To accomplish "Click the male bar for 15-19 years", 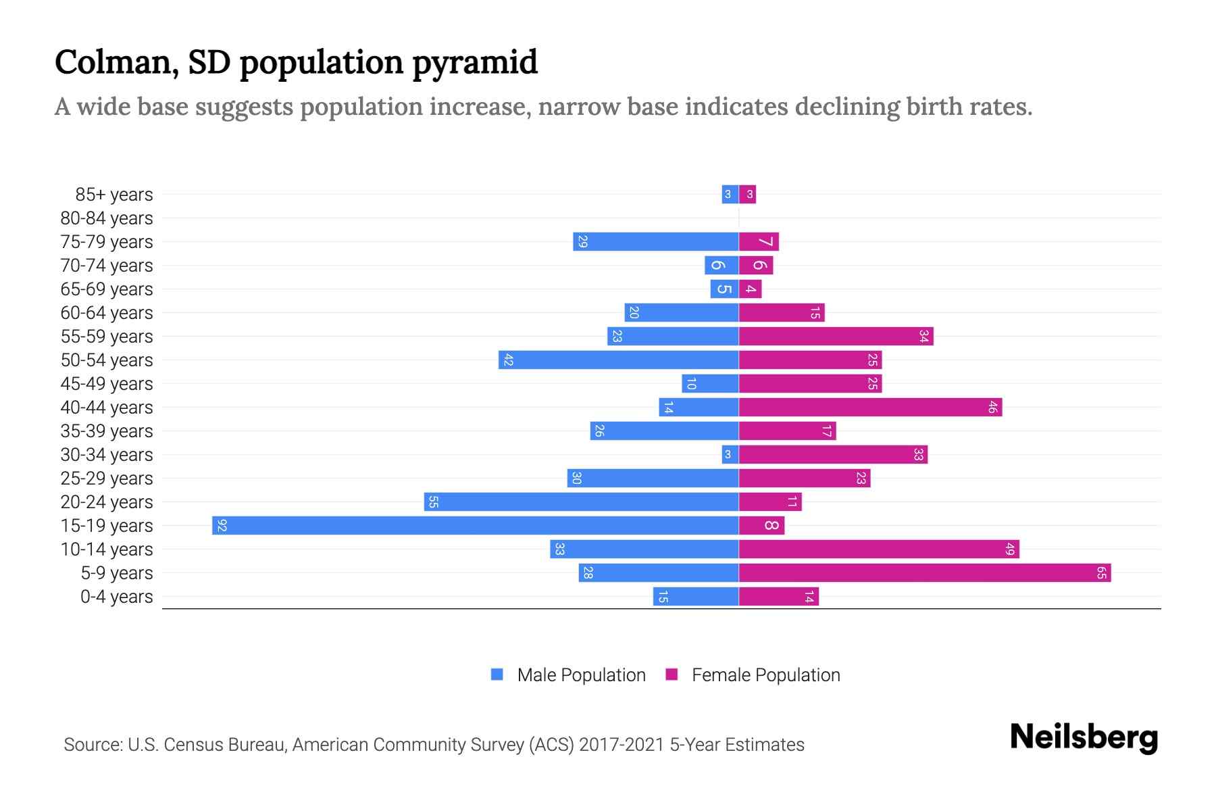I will point(475,525).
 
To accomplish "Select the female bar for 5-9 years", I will point(924,573).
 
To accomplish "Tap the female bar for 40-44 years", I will point(870,408).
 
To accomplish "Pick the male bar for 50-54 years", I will point(618,360).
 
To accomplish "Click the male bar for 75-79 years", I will point(655,242).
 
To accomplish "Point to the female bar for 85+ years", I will point(748,195).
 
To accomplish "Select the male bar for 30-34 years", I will point(730,455).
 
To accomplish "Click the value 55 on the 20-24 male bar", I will point(434,502).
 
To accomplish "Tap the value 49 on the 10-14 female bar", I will point(1010,549).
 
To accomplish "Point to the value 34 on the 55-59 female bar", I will point(923,337).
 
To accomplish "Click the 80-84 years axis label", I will point(107,218).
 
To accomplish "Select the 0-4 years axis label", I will point(116,597).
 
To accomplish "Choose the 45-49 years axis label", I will point(107,384).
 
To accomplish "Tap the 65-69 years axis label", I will point(107,289).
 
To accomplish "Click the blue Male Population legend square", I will point(497,674).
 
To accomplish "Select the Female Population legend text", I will point(765,675).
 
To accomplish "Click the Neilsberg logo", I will point(1084,737).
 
